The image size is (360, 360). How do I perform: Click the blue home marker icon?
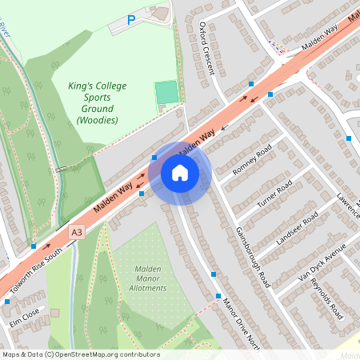pyautogui.click(x=180, y=172)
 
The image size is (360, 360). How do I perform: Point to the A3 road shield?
pyautogui.click(x=77, y=232)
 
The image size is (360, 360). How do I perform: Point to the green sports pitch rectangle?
pyautogui.click(x=166, y=92)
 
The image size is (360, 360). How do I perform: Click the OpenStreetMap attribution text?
pyautogui.click(x=80, y=354)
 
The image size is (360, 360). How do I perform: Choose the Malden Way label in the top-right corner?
pyautogui.click(x=320, y=38)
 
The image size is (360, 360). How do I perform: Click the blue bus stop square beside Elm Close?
pyautogui.click(x=6, y=302)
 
